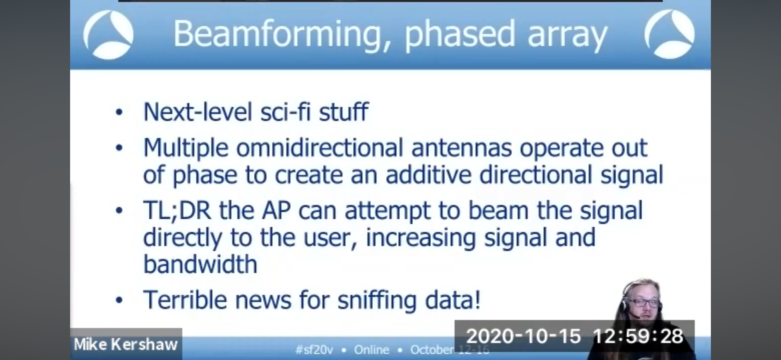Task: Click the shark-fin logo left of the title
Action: (108, 35)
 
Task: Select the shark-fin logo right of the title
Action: (670, 34)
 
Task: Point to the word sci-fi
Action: (285, 112)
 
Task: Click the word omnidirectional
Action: (319, 148)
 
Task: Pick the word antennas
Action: (461, 148)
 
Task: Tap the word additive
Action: (428, 175)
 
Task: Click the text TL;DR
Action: (177, 210)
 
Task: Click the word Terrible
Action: (185, 299)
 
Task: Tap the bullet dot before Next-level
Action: (119, 112)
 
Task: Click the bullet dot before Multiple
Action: (119, 148)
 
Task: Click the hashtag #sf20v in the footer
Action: (314, 350)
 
